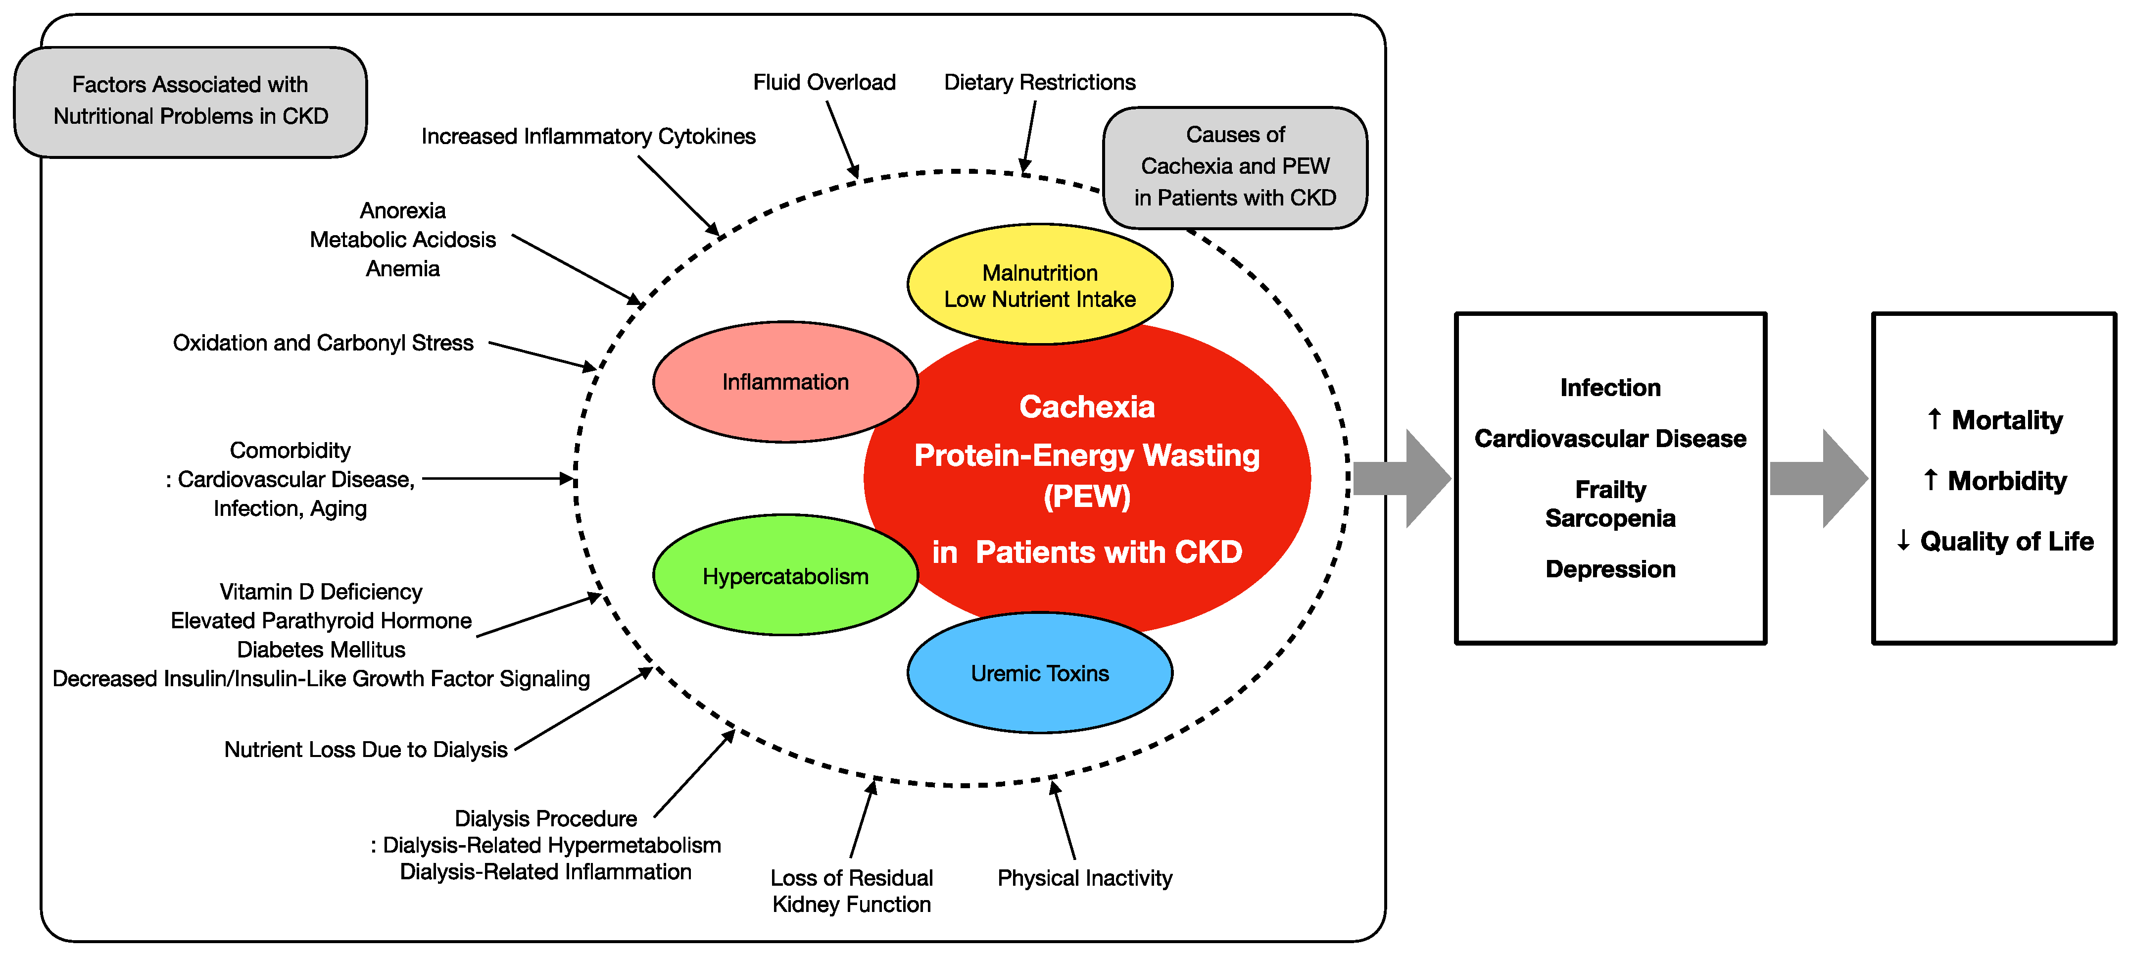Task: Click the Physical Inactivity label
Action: (x=1084, y=878)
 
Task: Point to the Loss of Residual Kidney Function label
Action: (x=851, y=891)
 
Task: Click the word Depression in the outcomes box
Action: (x=1610, y=569)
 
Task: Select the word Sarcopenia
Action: (x=1610, y=518)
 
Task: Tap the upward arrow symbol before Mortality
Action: (x=1934, y=419)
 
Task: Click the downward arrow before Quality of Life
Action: (x=1903, y=541)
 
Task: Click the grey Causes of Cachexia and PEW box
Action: (x=1235, y=167)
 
